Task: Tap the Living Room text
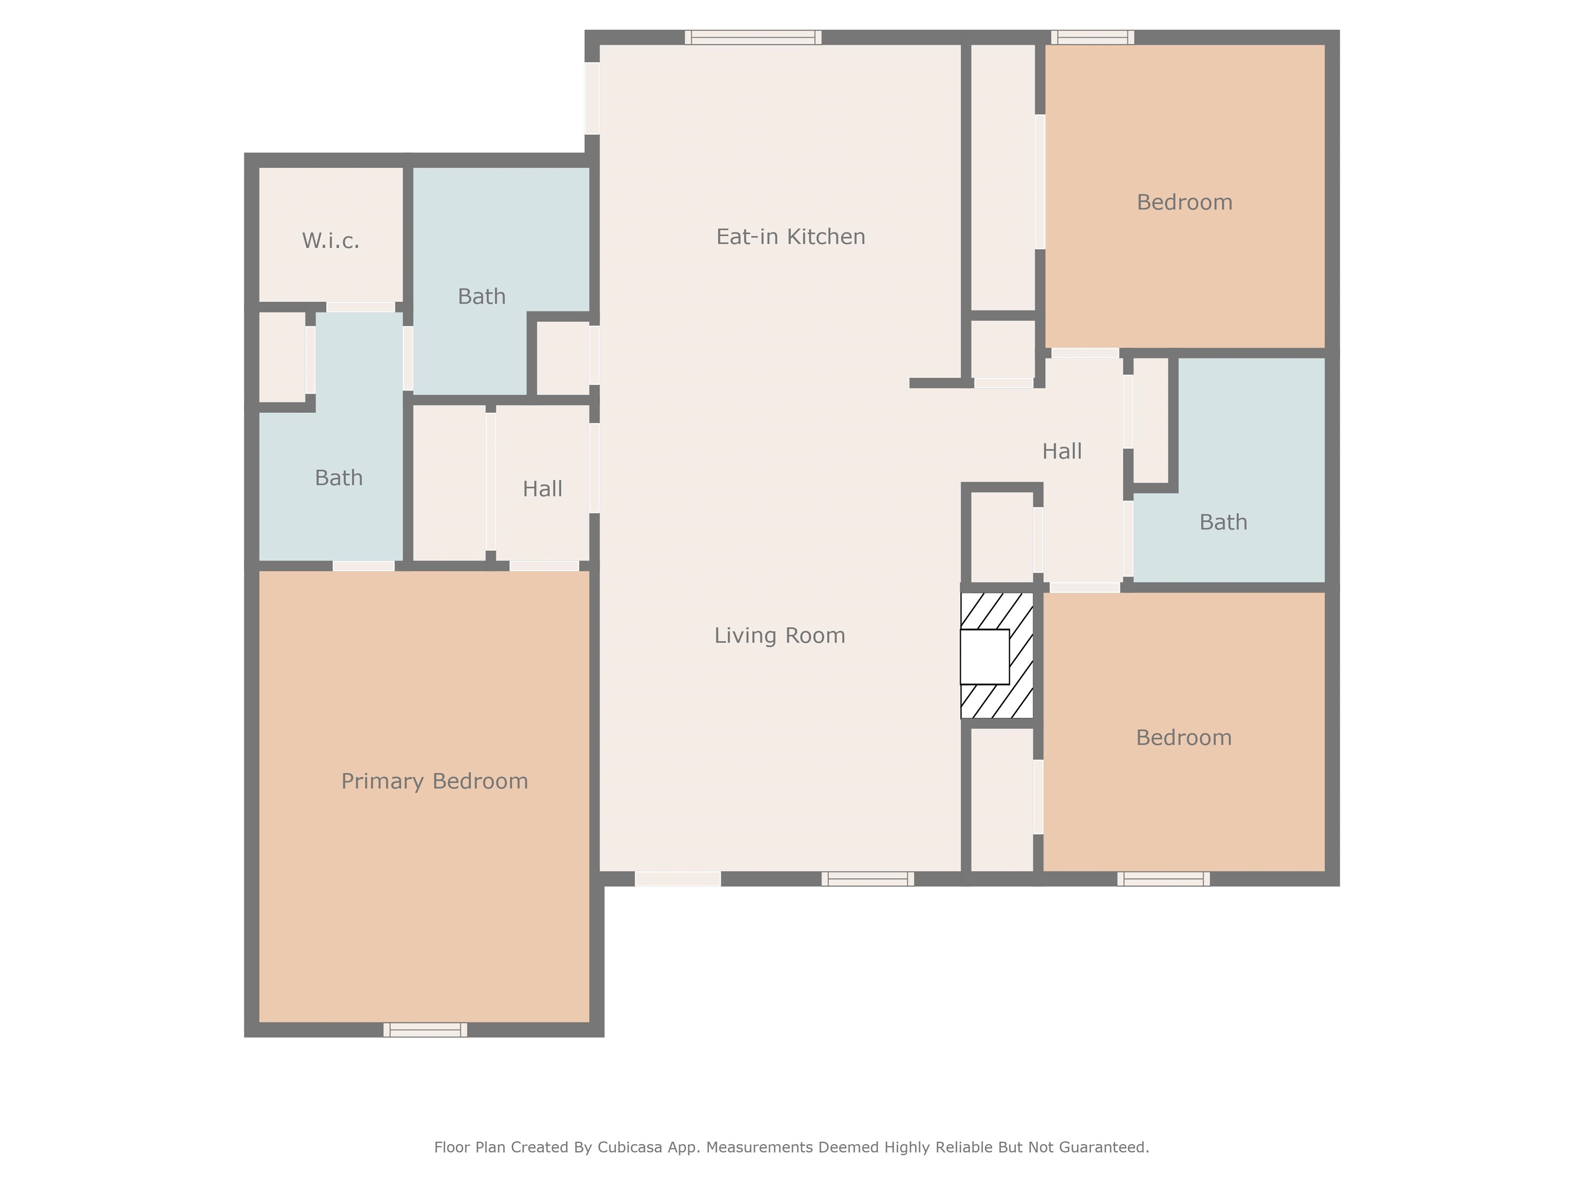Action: point(779,635)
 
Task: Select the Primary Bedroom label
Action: point(434,781)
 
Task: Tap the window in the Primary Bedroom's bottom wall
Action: point(425,1030)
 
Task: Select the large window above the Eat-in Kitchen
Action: point(753,37)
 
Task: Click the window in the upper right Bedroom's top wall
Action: point(1092,37)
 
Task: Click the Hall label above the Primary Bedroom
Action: point(542,489)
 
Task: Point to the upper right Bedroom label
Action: point(1184,202)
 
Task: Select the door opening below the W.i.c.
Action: point(360,307)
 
